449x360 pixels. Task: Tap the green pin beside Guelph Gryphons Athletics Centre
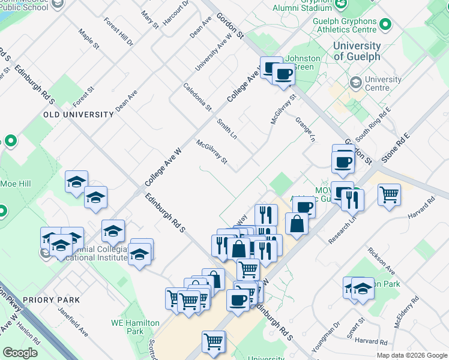pyautogui.click(x=385, y=25)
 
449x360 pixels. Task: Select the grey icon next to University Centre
pyautogui.click(x=355, y=80)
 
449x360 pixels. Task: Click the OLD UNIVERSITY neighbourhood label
pyautogui.click(x=78, y=115)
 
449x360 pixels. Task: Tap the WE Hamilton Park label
pyautogui.click(x=135, y=327)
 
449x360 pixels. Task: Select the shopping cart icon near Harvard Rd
pyautogui.click(x=390, y=194)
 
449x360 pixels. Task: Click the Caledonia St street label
pyautogui.click(x=197, y=97)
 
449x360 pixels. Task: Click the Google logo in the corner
pyautogui.click(x=20, y=353)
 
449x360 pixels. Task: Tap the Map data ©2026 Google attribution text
pyautogui.click(x=411, y=355)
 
